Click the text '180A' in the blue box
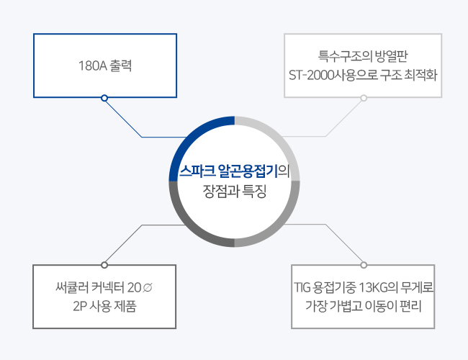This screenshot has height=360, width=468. coord(93,66)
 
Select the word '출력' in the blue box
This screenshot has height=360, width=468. coord(121,66)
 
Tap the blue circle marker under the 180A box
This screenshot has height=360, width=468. coord(104,98)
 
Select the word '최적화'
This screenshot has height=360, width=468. coord(420,75)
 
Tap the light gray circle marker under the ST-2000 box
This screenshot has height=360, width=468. coord(364,98)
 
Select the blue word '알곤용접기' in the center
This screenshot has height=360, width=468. coord(248,171)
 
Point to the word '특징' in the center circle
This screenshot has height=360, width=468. coord(254,192)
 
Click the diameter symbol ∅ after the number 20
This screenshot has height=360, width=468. coord(148,288)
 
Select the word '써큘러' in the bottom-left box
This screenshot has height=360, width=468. coord(71,288)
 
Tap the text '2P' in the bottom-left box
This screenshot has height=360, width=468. coord(79,306)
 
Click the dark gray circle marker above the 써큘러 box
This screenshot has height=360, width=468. coord(104,265)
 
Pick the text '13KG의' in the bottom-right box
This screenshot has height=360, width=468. coord(378,288)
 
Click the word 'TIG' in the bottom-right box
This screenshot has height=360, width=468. coord(302,288)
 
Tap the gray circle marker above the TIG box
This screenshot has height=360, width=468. coord(364,265)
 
